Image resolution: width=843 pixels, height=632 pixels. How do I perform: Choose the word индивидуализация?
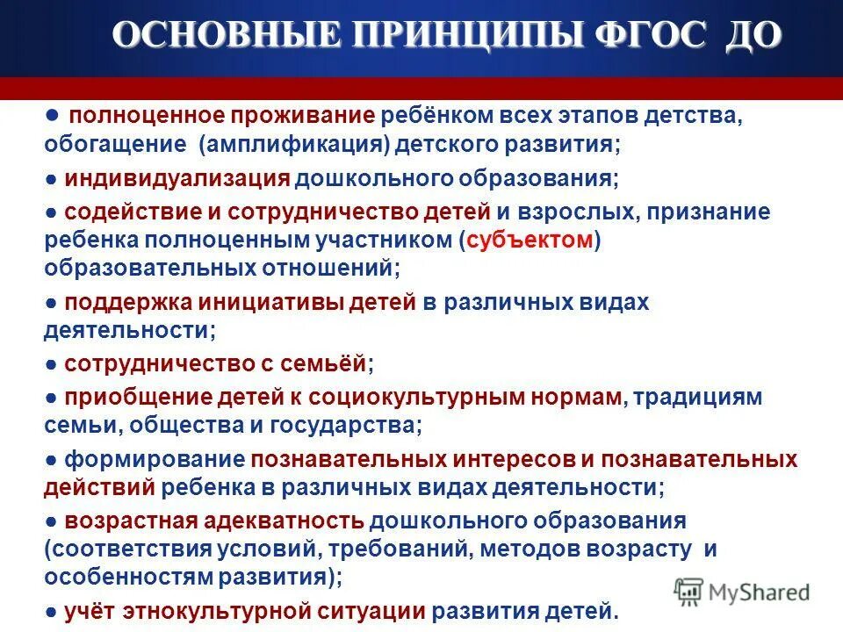coord(177,179)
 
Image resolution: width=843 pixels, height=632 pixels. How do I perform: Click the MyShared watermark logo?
coord(742,591)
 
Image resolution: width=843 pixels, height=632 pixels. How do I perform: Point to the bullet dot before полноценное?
coord(52,115)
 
